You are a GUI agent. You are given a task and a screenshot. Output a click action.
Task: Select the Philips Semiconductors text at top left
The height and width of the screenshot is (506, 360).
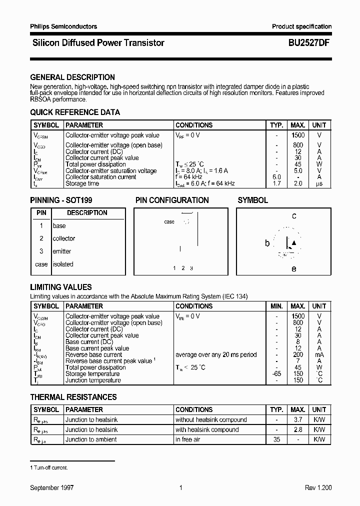[63, 26]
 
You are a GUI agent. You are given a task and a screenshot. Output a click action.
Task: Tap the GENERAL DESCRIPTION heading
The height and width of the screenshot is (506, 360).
[72, 77]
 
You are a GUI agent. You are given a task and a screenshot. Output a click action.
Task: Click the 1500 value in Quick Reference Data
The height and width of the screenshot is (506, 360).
[298, 135]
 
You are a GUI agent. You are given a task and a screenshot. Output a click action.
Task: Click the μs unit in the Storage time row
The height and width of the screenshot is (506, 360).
[319, 183]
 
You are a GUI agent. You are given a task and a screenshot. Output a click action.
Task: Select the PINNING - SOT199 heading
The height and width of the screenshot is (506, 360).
[61, 200]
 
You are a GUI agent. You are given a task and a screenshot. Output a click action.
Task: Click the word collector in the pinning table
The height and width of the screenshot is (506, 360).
[64, 238]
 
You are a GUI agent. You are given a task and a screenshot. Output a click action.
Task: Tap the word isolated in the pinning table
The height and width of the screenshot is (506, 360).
[63, 264]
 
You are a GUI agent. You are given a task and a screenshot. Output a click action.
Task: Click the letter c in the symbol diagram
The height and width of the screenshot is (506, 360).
[294, 216]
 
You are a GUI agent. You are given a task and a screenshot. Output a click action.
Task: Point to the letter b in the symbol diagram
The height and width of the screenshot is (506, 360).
[267, 243]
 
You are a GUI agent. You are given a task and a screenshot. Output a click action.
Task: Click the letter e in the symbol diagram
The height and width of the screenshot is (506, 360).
[294, 269]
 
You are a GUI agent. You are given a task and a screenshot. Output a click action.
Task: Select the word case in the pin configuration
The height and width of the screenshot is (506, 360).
[169, 222]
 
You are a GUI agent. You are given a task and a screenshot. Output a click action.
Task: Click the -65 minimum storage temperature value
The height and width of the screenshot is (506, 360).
[276, 374]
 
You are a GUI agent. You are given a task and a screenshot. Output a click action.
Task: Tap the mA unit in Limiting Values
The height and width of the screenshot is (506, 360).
[319, 354]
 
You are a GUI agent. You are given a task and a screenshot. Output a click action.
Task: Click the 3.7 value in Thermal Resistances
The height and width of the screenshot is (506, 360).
[298, 420]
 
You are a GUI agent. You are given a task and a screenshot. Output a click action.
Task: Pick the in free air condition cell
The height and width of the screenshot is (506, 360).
[187, 439]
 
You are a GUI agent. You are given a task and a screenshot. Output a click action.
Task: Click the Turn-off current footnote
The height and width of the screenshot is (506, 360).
[49, 467]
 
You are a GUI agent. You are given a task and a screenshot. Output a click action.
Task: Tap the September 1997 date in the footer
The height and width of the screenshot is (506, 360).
[52, 487]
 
